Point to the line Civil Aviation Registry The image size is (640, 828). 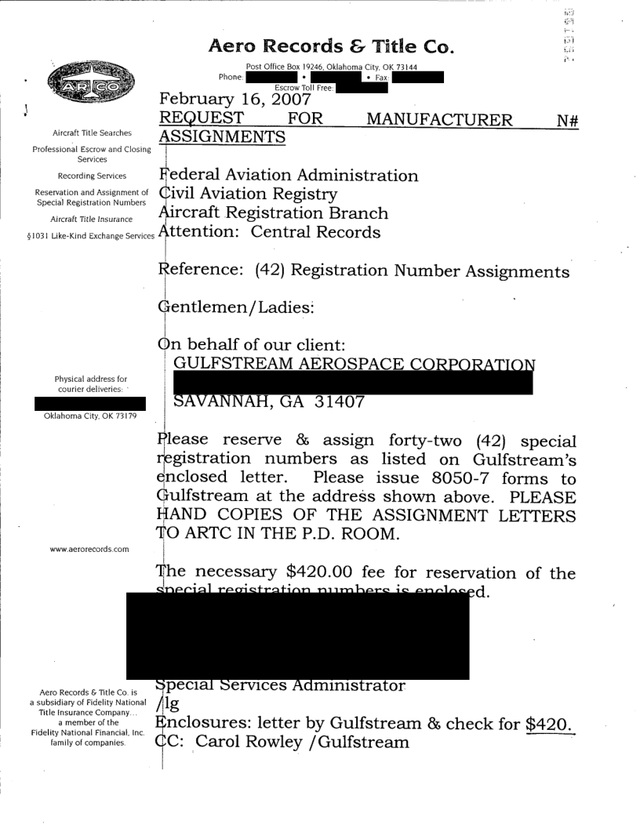(x=249, y=194)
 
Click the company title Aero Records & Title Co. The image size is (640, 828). (x=329, y=46)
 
